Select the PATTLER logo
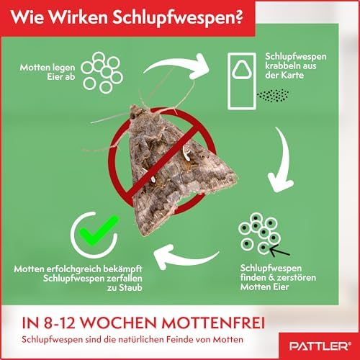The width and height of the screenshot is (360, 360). (x=320, y=346)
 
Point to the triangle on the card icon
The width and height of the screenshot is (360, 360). (x=243, y=69)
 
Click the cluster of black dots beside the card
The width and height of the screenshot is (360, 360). (x=273, y=96)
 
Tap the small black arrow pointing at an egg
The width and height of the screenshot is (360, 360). (x=279, y=251)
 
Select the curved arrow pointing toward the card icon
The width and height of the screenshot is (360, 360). (x=178, y=63)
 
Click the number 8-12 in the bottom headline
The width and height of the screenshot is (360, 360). (x=60, y=323)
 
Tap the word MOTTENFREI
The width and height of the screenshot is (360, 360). (x=213, y=323)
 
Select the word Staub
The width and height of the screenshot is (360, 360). (x=130, y=287)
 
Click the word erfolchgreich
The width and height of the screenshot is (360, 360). (x=73, y=269)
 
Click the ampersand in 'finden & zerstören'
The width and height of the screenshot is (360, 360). (x=271, y=278)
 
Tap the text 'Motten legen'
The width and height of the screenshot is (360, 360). (x=48, y=68)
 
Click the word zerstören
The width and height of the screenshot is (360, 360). (x=297, y=278)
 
